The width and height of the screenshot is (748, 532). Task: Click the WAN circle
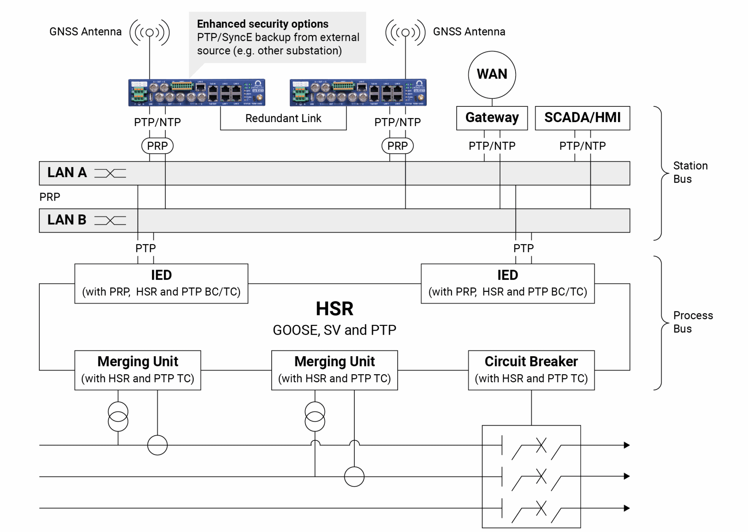coord(492,75)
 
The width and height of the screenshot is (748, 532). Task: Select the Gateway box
coord(492,118)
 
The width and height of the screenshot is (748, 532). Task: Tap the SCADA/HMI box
coord(582,118)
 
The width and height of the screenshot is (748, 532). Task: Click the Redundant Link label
coord(283,118)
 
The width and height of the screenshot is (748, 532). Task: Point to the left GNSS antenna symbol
coord(149,33)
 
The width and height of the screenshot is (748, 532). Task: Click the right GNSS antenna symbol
coord(405,33)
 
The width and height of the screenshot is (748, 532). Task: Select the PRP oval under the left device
coord(157,146)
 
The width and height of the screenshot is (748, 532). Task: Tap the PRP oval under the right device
coord(397,146)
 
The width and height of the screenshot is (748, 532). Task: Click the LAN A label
coord(67,172)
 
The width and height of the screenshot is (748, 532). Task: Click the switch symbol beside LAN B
coord(110,220)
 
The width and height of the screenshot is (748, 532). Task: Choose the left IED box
coord(161,283)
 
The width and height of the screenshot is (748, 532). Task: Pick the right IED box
coord(507,283)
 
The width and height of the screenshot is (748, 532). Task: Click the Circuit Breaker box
coord(531,370)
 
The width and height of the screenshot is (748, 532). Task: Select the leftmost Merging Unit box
coord(138,370)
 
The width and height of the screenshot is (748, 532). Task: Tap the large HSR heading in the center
coord(334,309)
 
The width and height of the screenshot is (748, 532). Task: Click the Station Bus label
coord(690,172)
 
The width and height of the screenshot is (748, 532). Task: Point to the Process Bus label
coord(692,322)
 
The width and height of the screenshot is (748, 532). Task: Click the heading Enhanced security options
coord(263,24)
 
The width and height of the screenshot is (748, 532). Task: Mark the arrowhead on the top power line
coord(626,445)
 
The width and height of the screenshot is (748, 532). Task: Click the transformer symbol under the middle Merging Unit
coord(314,416)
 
